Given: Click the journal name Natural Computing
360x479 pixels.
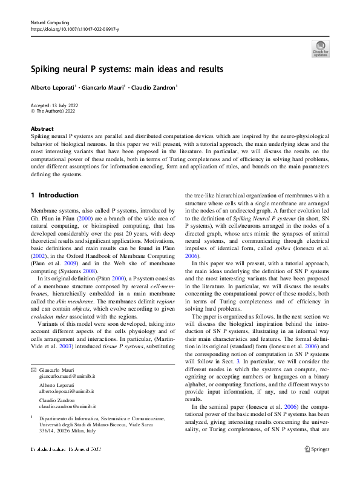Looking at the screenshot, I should [x=51, y=22].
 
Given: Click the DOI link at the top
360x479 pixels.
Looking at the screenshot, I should [x=74, y=29].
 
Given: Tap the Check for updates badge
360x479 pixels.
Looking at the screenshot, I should [x=320, y=48].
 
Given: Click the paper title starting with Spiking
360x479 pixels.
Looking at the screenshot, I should [x=127, y=69].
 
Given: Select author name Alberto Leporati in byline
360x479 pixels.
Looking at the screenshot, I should [x=52, y=87].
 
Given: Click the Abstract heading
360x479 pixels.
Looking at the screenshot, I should [x=42, y=129].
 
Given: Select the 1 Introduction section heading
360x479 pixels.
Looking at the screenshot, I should [x=54, y=195].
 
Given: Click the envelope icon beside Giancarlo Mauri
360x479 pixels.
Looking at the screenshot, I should [x=33, y=369].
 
